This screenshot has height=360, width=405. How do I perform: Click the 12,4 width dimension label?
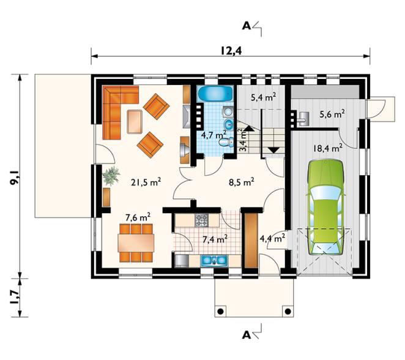click(x=231, y=51)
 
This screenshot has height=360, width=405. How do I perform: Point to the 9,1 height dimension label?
click(x=14, y=177)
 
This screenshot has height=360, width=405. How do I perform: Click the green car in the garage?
click(x=325, y=208)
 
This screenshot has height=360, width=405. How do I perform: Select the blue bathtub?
click(x=215, y=94)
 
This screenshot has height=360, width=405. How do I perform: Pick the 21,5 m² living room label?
click(x=146, y=182)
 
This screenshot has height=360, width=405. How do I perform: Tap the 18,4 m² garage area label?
click(x=328, y=148)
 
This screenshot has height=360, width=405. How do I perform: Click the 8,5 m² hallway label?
click(x=241, y=182)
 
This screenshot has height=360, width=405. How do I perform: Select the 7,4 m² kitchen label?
click(x=215, y=239)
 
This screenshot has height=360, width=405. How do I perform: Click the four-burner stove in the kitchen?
click(x=201, y=220)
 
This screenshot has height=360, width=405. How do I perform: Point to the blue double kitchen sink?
click(x=214, y=260)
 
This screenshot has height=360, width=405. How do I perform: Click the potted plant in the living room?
click(x=111, y=176)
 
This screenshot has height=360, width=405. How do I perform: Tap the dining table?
click(x=136, y=243)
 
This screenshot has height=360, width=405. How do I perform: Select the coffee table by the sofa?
click(x=135, y=122)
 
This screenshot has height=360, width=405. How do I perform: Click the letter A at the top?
click(x=247, y=26)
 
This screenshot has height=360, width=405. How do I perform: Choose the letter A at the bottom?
click(x=247, y=335)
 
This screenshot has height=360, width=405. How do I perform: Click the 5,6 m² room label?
click(x=332, y=114)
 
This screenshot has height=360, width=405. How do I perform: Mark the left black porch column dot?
click(x=220, y=312)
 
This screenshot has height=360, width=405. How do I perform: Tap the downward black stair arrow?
click(x=273, y=150)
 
